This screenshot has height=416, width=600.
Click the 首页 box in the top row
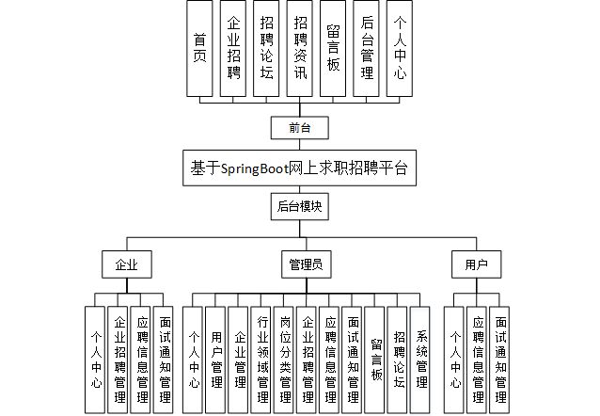[199, 48]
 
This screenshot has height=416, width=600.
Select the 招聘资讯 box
[300, 48]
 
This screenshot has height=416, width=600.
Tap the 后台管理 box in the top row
[366, 48]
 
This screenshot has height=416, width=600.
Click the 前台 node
[300, 128]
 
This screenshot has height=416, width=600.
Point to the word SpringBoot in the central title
[255, 168]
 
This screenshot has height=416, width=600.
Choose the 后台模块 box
[300, 207]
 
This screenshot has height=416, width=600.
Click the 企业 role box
[127, 264]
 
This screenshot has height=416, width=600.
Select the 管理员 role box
[307, 264]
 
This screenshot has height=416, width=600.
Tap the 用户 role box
[477, 264]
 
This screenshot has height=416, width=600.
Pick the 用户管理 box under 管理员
[215, 360]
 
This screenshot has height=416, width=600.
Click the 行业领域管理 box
[261, 360]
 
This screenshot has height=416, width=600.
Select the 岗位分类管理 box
[284, 360]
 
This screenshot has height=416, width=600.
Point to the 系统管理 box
[420, 360]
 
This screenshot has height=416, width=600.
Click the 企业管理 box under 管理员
[238, 360]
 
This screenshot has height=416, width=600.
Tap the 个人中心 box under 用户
[454, 360]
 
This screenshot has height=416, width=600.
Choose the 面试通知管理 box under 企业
[164, 360]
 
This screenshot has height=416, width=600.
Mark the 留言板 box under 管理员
[374, 360]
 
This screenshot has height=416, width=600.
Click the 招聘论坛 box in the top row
[266, 48]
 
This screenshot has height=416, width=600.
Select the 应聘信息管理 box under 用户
[477, 360]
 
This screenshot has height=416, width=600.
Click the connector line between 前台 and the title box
[300, 145]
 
